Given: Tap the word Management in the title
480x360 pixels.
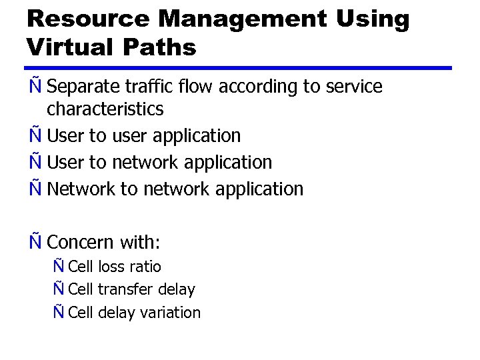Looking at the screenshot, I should [226, 19].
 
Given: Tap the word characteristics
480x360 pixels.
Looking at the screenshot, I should [105, 109].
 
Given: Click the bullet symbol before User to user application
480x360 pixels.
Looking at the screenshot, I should [35, 135].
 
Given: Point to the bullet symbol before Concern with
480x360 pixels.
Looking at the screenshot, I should [35, 241].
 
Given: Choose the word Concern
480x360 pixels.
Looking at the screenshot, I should [82, 242].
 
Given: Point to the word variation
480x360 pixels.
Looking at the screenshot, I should [172, 313].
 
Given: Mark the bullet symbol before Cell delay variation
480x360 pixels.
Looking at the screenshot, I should [59, 312].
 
